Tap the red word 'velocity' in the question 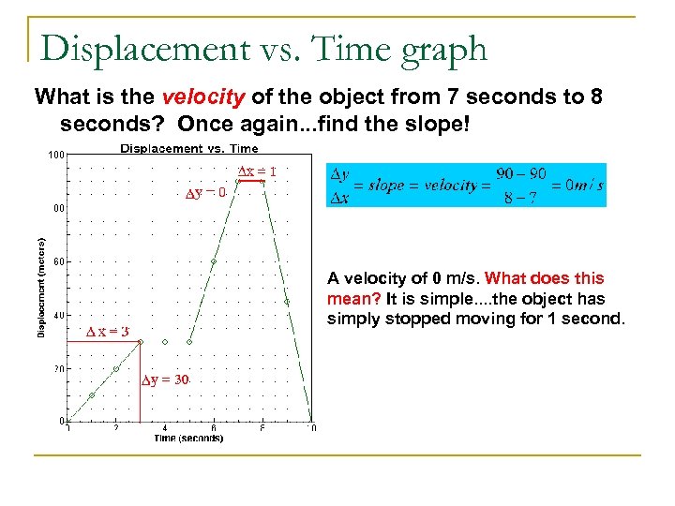pyautogui.click(x=192, y=97)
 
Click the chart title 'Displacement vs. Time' pyautogui.click(x=189, y=148)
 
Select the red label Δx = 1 pyautogui.click(x=256, y=171)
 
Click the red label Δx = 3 pyautogui.click(x=107, y=332)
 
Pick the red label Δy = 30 pyautogui.click(x=165, y=379)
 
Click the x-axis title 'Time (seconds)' pyautogui.click(x=189, y=438)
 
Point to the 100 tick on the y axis pyautogui.click(x=56, y=155)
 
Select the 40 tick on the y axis pyautogui.click(x=58, y=316)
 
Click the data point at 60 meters pyautogui.click(x=214, y=261)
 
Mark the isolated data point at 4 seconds pyautogui.click(x=165, y=342)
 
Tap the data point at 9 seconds pyautogui.click(x=287, y=302)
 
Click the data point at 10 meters pyautogui.click(x=92, y=395)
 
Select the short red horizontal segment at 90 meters pyautogui.click(x=250, y=182)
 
